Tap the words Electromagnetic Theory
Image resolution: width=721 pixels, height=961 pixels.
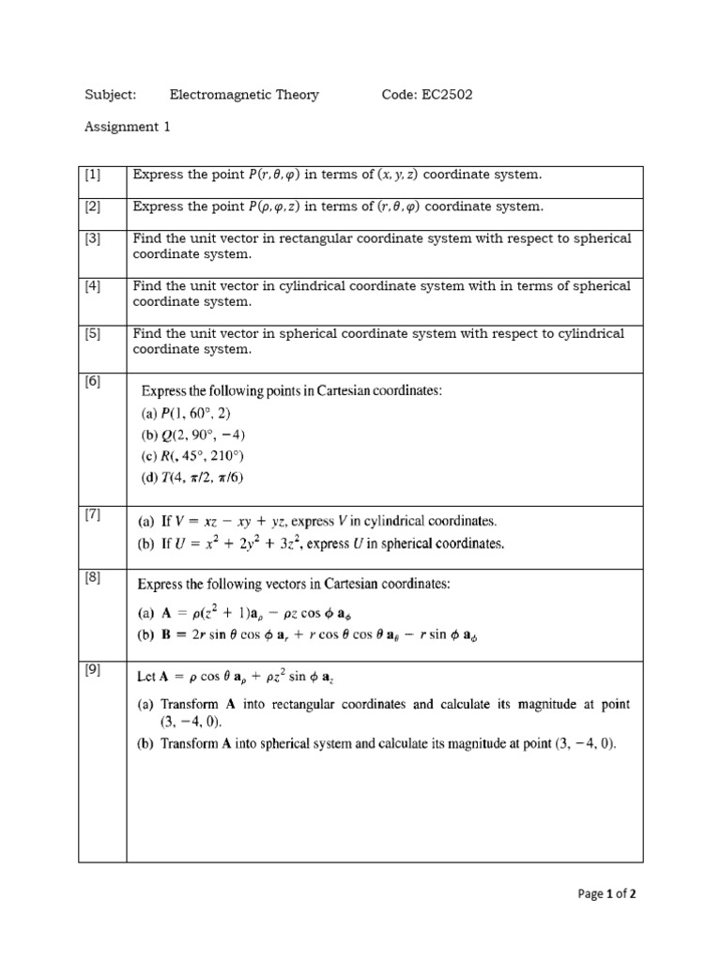pyautogui.click(x=244, y=95)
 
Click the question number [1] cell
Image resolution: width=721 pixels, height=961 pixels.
pyautogui.click(x=92, y=175)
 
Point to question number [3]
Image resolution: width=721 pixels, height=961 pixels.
pyautogui.click(x=92, y=238)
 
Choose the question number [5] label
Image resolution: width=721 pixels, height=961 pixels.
pyautogui.click(x=92, y=333)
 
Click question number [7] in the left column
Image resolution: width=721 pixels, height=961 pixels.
pyautogui.click(x=92, y=514)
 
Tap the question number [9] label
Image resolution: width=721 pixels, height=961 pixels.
pyautogui.click(x=92, y=669)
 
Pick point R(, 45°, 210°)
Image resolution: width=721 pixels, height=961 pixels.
pyautogui.click(x=192, y=457)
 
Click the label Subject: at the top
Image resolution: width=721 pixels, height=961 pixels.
pyautogui.click(x=111, y=95)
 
